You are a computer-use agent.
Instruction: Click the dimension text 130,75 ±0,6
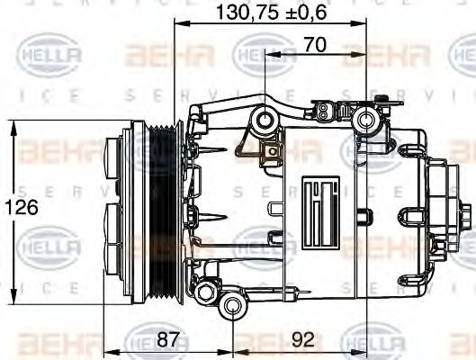pos(270,13)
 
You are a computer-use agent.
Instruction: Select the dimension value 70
pos(314,43)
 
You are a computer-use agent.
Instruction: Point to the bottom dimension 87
pos(168,341)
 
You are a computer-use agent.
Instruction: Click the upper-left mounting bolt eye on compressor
pos(265,120)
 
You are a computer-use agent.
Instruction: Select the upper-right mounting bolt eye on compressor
pos(366,120)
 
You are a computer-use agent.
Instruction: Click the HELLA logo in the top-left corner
pos(50,57)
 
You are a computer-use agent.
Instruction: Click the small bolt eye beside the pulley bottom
pos(206,291)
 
